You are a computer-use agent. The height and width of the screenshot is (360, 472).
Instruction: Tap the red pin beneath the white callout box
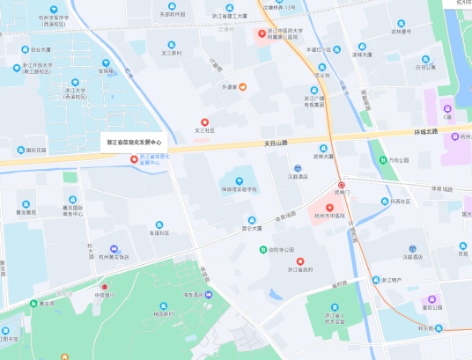pyautogui.click(x=134, y=159)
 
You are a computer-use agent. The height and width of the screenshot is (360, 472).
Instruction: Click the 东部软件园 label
pyautogui.click(x=173, y=15)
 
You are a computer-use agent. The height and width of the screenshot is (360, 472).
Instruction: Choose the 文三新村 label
pyautogui.click(x=171, y=53)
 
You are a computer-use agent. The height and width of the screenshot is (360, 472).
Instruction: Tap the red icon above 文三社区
pyautogui.click(x=205, y=121)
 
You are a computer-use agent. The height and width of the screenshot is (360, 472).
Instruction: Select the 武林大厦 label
pyautogui.click(x=324, y=157)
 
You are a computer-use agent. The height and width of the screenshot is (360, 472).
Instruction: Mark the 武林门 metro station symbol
pyautogui.click(x=342, y=185)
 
